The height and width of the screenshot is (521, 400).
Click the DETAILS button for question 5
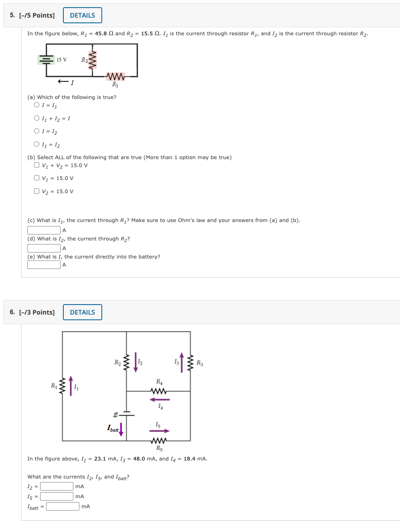82,15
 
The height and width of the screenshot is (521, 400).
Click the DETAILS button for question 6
82,312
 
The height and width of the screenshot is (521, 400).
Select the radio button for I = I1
37,105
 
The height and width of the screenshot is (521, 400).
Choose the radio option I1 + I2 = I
37,118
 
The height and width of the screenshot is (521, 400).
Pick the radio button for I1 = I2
37,144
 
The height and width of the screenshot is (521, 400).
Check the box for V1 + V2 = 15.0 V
37,165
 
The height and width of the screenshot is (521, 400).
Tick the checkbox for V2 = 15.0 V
37,191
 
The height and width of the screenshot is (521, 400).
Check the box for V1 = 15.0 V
37,178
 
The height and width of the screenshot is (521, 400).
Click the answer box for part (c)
44,230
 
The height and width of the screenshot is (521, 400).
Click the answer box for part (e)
44,265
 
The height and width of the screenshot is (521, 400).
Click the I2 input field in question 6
57,486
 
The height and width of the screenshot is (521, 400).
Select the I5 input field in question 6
57,496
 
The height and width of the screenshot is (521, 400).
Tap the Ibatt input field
63,506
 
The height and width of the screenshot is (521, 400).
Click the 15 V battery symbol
46,60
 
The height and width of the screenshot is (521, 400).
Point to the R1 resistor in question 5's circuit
115,76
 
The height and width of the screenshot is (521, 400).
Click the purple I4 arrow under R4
160,400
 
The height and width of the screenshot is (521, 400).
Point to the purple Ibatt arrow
121,429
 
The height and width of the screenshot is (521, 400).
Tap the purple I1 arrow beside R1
71,386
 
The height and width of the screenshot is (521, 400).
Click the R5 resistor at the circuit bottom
159,441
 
